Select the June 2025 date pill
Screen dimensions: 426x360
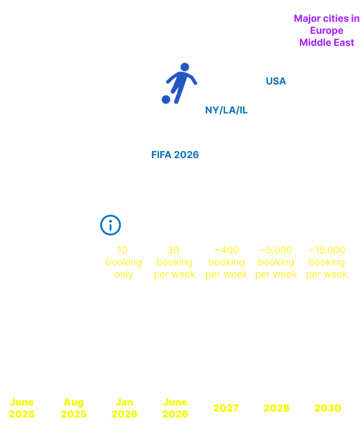click(x=22, y=408)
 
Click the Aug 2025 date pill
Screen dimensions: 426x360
click(x=73, y=408)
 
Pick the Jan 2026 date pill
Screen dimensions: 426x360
click(x=124, y=408)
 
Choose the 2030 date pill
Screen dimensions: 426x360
click(x=327, y=408)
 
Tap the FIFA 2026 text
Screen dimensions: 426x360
click(x=175, y=154)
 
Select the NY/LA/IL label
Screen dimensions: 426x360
click(x=226, y=110)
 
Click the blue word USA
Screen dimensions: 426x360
click(x=276, y=81)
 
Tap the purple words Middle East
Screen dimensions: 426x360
click(x=327, y=42)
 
